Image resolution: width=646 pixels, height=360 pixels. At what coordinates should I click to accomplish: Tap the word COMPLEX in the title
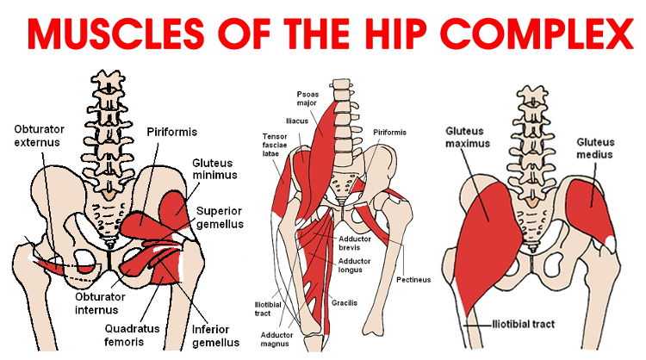click(x=537, y=34)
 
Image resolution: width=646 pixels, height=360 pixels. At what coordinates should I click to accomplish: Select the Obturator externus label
click(x=39, y=135)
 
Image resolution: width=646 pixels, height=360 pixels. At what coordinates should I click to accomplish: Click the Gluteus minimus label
click(x=214, y=169)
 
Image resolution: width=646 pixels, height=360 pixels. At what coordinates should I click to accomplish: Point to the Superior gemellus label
click(x=220, y=218)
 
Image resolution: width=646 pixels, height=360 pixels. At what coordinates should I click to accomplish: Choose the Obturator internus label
click(x=100, y=303)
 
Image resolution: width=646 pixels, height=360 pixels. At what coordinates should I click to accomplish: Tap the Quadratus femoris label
click(x=132, y=335)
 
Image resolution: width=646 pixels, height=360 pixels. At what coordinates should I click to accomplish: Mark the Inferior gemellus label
click(x=215, y=336)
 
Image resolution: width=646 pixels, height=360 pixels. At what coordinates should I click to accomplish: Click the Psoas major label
click(x=307, y=98)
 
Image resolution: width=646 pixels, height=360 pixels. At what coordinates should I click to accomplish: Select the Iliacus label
click(x=297, y=121)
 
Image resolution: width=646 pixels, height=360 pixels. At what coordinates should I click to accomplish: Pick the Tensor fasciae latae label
click(x=275, y=145)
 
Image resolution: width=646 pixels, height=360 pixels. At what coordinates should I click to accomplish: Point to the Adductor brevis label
click(x=355, y=243)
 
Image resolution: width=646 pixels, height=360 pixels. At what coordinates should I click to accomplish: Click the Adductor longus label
click(x=354, y=265)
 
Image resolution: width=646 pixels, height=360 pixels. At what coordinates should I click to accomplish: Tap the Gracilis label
click(x=345, y=303)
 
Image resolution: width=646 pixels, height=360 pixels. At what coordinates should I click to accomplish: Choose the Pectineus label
click(x=413, y=280)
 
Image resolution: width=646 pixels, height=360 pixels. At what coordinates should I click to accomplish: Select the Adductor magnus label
click(x=276, y=339)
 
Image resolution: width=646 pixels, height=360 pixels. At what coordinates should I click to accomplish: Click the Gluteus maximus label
click(x=468, y=138)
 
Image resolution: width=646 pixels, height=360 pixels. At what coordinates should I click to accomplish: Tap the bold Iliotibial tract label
click(x=524, y=325)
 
